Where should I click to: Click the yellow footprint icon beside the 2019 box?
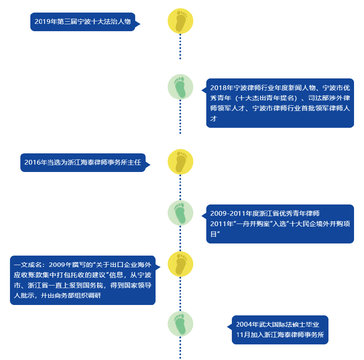click(180, 21)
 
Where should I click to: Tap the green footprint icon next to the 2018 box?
click(180, 87)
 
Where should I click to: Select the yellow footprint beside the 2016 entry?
click(180, 162)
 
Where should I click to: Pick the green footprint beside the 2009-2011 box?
click(180, 213)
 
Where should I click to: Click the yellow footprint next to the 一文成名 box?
click(180, 264)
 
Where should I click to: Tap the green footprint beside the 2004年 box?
click(180, 324)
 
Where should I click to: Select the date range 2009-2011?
click(229, 214)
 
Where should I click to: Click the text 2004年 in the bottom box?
click(247, 324)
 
